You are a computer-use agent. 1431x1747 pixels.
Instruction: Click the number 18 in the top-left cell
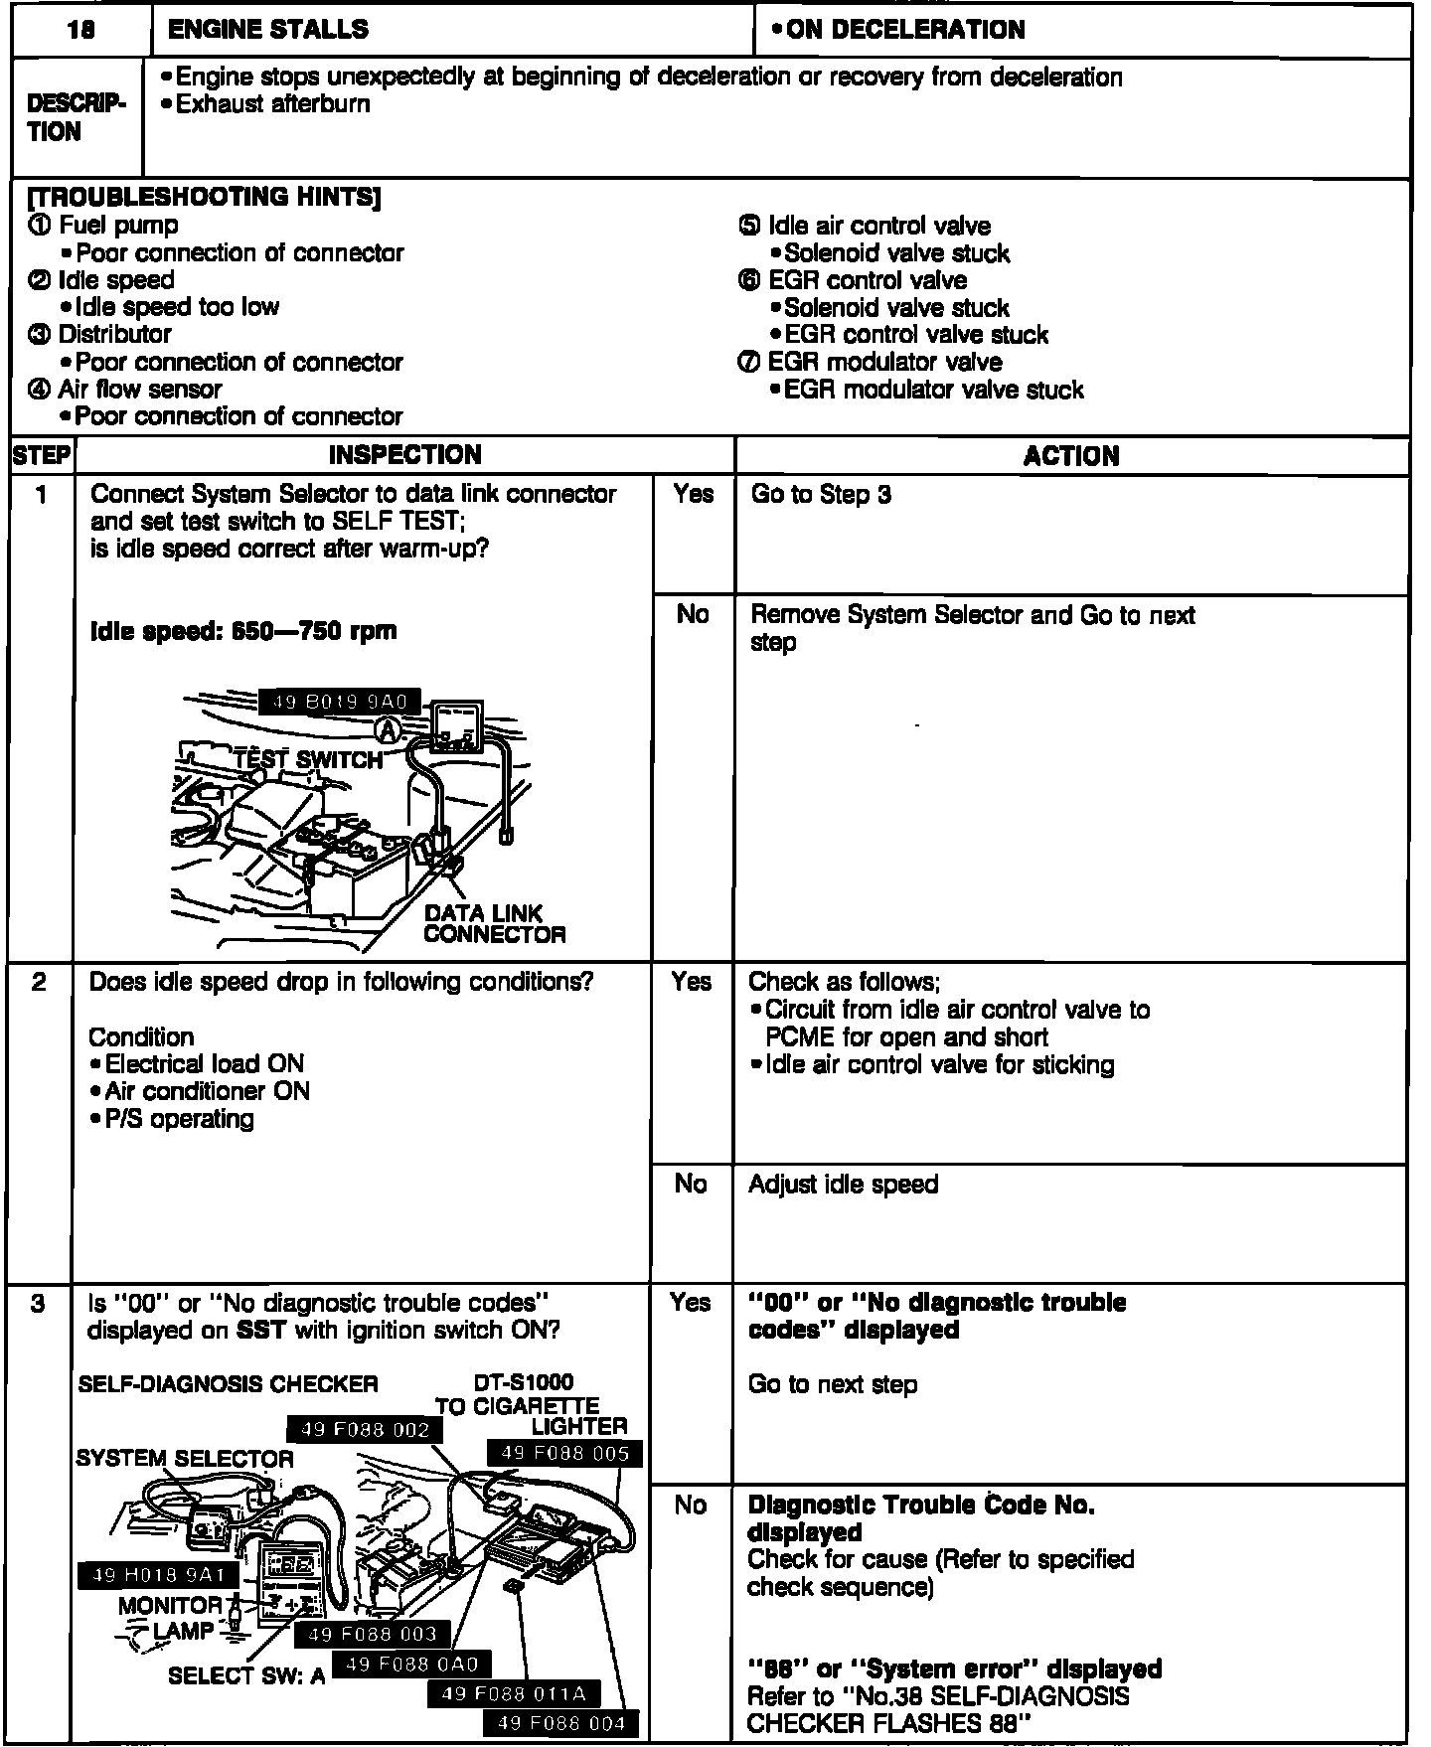point(81,31)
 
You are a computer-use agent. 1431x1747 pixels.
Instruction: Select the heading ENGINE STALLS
point(268,31)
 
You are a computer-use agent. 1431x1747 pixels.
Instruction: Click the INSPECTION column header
point(404,455)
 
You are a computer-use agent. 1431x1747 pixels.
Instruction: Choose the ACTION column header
point(1071,456)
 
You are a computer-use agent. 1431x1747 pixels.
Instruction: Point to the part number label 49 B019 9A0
point(339,702)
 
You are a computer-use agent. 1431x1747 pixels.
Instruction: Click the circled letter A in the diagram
point(389,730)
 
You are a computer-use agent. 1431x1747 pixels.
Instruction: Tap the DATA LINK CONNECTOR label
point(494,924)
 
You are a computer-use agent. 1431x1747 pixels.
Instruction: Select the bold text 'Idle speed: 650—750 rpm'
point(243,631)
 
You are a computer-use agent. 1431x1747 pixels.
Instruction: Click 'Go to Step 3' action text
point(821,495)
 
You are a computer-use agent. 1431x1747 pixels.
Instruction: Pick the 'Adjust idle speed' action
point(843,1185)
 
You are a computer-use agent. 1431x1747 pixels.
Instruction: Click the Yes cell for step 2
point(691,982)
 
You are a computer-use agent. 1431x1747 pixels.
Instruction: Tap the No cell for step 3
point(691,1506)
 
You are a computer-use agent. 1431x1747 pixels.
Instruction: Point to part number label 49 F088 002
point(365,1430)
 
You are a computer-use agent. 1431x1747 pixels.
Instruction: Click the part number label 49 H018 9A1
point(158,1574)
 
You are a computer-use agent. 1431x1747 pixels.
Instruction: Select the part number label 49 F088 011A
point(514,1693)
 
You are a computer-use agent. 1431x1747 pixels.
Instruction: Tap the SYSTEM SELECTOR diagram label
point(185,1459)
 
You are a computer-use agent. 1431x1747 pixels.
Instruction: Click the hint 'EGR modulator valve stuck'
point(933,390)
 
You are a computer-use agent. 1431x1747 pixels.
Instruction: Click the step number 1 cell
point(42,495)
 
